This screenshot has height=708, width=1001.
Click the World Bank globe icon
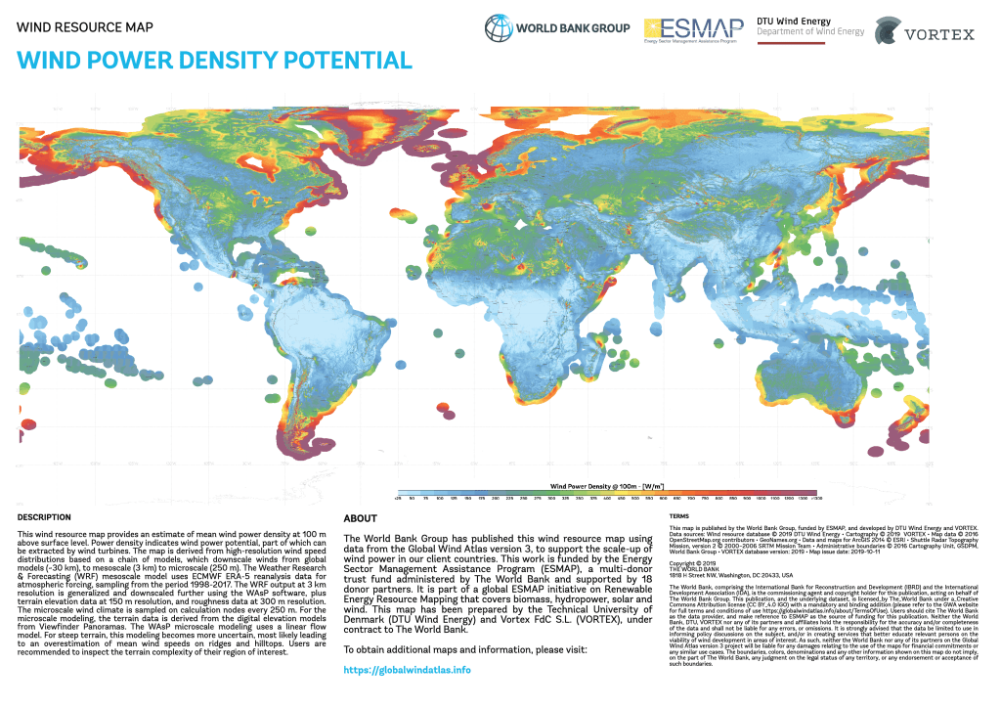click(x=499, y=28)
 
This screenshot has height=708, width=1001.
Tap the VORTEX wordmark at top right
click(x=938, y=34)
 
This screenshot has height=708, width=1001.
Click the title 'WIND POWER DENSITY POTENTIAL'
click(x=215, y=61)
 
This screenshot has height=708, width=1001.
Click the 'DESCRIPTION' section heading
click(x=45, y=516)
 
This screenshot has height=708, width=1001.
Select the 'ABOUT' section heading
click(x=361, y=518)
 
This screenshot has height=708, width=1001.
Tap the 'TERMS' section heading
click(x=680, y=515)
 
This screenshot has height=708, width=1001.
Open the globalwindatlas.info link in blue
click(x=408, y=670)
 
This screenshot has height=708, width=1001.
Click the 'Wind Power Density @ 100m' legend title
click(x=606, y=486)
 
